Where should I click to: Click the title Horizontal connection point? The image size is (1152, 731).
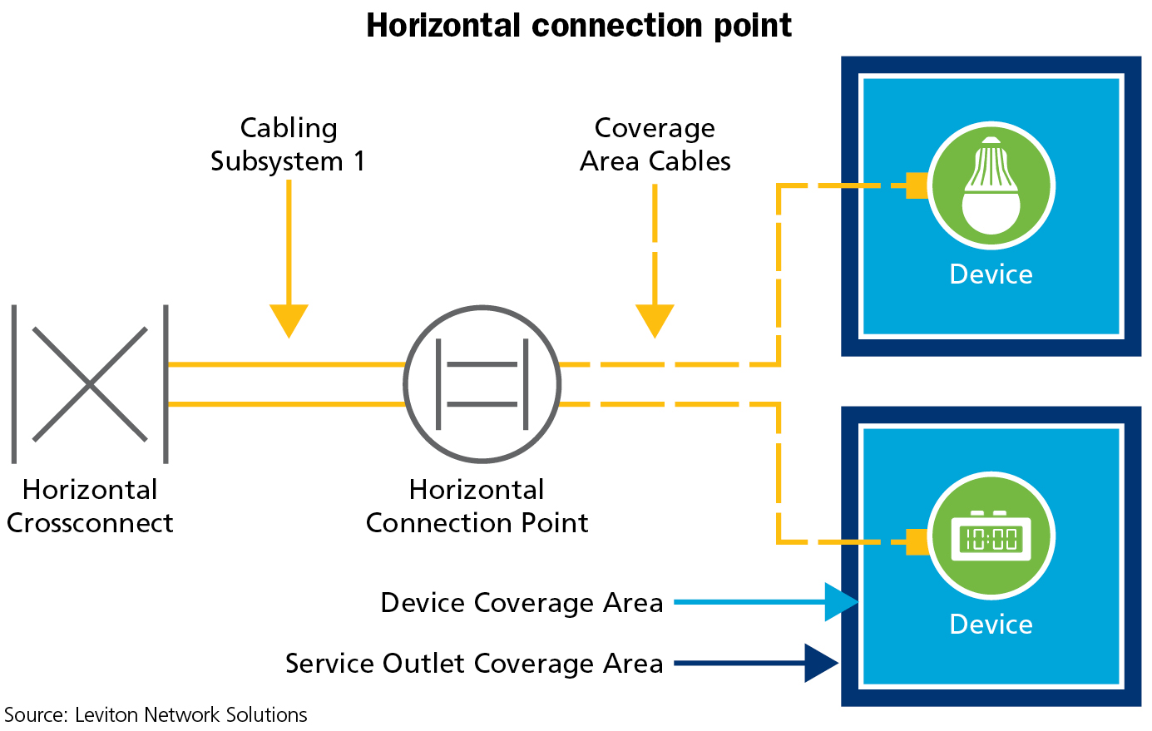pos(579,26)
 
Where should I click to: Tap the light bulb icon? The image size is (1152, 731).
pos(991,185)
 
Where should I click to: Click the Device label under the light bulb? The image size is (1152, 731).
pos(991,274)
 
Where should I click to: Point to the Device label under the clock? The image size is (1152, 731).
pos(991,625)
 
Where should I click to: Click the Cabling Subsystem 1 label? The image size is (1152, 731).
pos(288,144)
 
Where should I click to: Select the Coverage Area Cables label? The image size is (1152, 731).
pos(655,144)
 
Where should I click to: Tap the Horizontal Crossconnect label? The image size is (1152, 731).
pos(90,506)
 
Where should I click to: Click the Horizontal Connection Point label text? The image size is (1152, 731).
pos(477,506)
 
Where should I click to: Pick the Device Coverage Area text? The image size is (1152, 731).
pos(522,602)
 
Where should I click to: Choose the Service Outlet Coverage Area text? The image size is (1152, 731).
pos(474,664)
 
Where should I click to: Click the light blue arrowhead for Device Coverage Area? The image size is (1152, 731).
pos(840,602)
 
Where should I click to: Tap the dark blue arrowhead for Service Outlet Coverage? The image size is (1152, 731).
pos(820,663)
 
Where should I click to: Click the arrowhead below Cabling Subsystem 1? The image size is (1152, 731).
pos(289,320)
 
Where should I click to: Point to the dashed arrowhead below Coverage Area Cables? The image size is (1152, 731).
pos(655,320)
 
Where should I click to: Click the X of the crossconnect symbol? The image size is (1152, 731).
pos(90,383)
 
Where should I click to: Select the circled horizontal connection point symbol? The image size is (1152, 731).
pos(482,384)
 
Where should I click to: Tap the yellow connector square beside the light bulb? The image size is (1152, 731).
pos(917,185)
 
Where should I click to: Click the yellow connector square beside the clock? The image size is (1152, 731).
pos(917,541)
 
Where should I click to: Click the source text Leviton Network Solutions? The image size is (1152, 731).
pos(156,715)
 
